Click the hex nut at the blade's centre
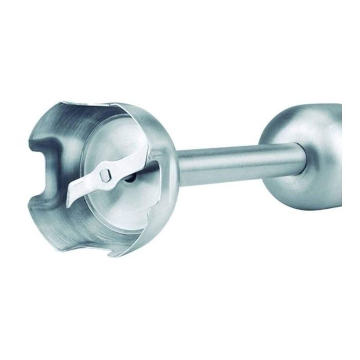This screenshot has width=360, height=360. tap(105, 175)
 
